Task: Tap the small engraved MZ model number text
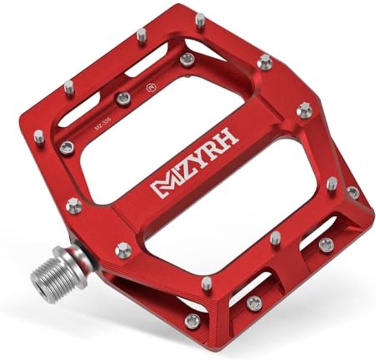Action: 102,129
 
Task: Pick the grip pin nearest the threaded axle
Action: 123,250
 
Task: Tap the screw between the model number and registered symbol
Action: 123,99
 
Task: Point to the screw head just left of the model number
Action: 67,147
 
